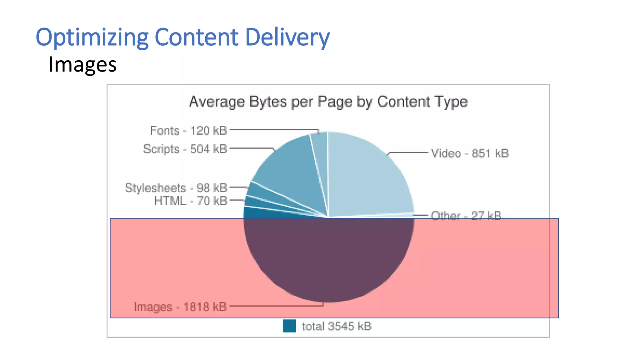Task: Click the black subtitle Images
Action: coord(82,64)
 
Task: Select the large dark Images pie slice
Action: coord(328,259)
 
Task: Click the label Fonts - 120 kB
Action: coord(188,131)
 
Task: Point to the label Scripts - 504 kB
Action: coord(185,149)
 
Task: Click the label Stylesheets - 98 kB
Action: coord(176,188)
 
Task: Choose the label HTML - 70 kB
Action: coord(191,201)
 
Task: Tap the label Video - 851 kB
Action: coord(470,153)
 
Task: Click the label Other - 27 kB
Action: coord(466,216)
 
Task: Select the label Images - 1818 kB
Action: coord(180,307)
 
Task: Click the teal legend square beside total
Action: coord(289,326)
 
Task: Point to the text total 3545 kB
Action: coord(337,326)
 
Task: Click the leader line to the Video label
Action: coord(408,152)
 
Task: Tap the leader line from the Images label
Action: coord(275,306)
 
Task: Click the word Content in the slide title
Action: coord(196,37)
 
